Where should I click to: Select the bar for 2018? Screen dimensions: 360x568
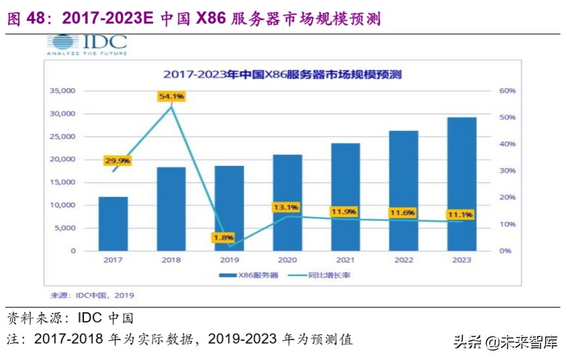coord(171,209)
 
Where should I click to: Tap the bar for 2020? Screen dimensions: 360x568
coord(287,202)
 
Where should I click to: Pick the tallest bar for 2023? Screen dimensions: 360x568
coord(462,184)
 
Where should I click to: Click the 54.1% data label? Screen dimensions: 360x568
coord(171,97)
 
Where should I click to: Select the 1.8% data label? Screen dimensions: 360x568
coord(223,237)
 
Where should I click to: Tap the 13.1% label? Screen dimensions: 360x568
coord(285,207)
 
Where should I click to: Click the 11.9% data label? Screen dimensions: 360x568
coord(343,212)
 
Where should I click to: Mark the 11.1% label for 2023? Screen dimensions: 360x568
coord(460,215)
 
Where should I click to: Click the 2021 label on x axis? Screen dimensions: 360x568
coord(346,260)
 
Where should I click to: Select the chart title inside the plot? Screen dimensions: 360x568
coord(282,75)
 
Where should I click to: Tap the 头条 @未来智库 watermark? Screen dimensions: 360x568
coord(505,343)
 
